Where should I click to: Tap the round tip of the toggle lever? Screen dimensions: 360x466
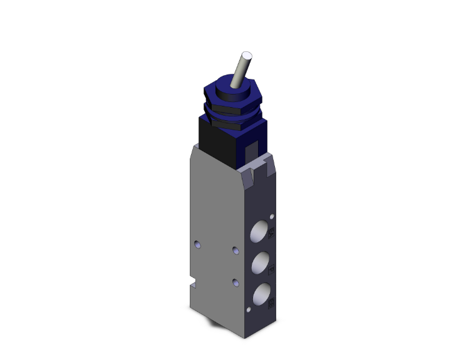[x=246, y=56]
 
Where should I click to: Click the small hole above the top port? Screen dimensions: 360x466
[x=271, y=216]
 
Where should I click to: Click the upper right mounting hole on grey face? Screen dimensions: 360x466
[x=236, y=250]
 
